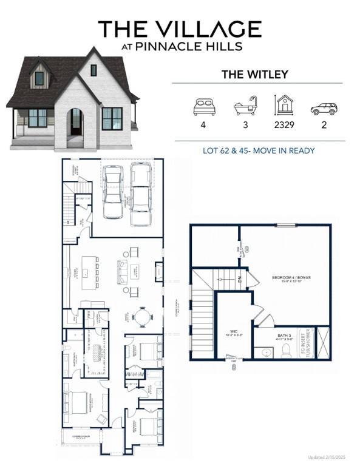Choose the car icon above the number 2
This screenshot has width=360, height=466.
click(x=323, y=109)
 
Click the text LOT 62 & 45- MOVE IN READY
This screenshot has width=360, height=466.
click(x=258, y=150)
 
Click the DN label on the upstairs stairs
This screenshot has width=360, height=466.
click(x=239, y=280)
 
